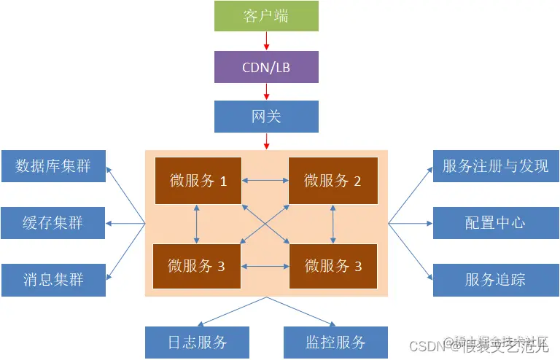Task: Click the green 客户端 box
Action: tap(266, 16)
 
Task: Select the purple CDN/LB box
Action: tap(266, 67)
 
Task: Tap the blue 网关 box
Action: tap(266, 117)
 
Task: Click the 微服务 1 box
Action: tap(198, 181)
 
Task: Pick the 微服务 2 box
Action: tap(332, 181)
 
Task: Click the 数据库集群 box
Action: tap(53, 166)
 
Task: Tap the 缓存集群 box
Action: tap(53, 223)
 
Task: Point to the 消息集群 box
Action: tap(53, 280)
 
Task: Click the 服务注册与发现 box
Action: tap(496, 166)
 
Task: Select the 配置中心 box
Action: tap(496, 223)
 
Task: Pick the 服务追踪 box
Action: tap(496, 280)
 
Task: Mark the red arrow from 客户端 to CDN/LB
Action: tap(266, 41)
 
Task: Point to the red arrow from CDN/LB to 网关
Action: tap(266, 91)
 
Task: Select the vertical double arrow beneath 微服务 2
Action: tap(332, 224)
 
